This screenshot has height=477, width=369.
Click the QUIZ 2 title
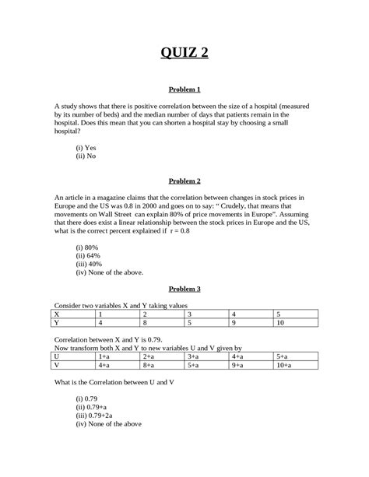[184, 53]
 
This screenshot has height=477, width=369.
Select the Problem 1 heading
[184, 89]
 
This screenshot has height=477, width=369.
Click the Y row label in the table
[57, 322]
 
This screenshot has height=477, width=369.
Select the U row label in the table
[57, 354]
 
